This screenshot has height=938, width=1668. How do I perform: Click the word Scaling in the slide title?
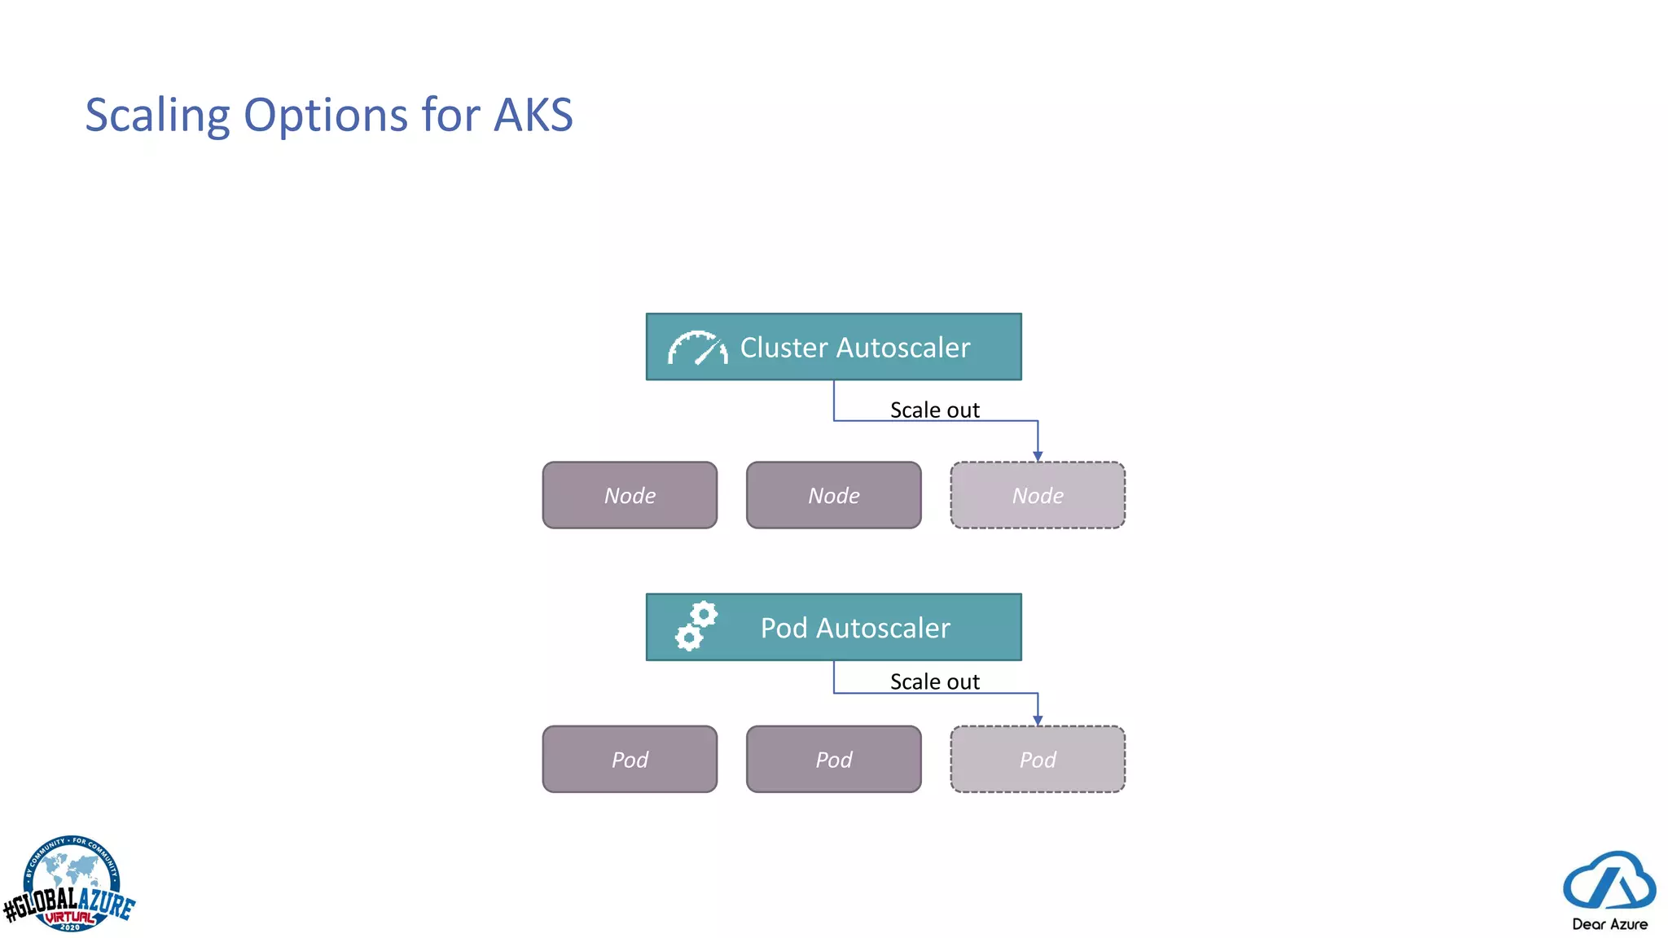[157, 116]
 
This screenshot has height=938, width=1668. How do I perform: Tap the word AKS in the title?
[533, 115]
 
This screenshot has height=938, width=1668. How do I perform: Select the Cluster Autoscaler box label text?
[854, 348]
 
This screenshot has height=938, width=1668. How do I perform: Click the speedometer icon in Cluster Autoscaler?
[697, 348]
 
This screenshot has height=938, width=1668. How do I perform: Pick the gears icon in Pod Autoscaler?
[696, 626]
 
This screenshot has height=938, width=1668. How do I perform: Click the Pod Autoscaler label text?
[854, 628]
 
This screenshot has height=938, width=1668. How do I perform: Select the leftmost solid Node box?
[630, 495]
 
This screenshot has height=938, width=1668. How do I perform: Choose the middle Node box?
[833, 495]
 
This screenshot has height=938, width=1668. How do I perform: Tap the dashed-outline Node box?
[1038, 495]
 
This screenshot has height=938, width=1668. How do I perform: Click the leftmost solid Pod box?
[630, 759]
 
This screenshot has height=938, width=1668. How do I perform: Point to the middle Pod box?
[833, 759]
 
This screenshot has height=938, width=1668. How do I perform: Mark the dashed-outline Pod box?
[1038, 759]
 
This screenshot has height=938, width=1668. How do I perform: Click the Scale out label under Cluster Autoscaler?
[934, 410]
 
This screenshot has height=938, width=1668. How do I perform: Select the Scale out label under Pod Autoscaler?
[934, 682]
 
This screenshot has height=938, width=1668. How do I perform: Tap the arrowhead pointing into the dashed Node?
[1038, 456]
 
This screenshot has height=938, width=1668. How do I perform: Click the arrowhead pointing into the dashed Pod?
[1038, 720]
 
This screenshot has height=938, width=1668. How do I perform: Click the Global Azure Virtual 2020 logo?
[70, 886]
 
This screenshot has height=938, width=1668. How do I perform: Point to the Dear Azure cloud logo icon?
[1609, 880]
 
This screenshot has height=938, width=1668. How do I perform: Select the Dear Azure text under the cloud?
[1609, 924]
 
